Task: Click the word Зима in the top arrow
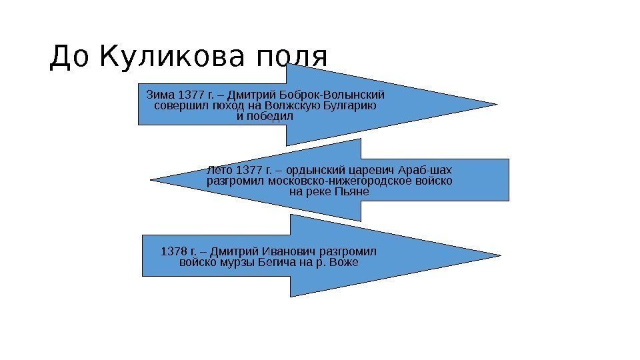click(157, 94)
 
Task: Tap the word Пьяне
click(355, 191)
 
